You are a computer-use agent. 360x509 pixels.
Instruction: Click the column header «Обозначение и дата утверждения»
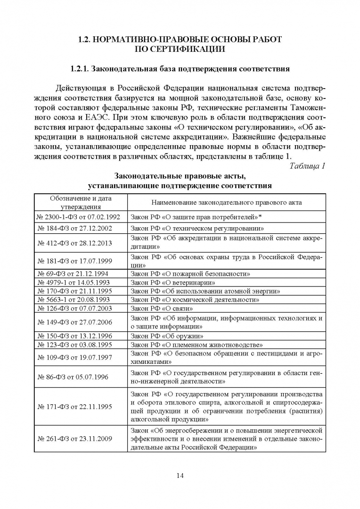pos(81,202)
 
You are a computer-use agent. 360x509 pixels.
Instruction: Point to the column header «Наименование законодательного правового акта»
pos(226,202)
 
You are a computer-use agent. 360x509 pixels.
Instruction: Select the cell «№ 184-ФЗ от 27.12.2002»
pos(81,229)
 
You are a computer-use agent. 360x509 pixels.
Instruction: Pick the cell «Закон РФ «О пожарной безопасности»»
pos(190,273)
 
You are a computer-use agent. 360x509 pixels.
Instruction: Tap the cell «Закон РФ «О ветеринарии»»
pos(173,282)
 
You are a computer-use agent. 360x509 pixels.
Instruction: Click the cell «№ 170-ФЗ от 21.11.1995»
pos(81,291)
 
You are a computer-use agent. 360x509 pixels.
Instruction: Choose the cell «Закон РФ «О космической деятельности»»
pos(195,299)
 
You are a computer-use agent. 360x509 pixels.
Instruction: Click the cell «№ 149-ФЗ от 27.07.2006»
pos(81,322)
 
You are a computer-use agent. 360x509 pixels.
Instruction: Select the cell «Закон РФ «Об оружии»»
pos(167,337)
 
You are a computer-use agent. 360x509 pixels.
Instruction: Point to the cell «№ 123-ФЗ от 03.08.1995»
pos(81,345)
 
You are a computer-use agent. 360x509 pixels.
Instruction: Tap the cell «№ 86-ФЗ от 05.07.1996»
pos(81,377)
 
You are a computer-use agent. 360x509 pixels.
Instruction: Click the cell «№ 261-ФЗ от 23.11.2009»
pos(81,439)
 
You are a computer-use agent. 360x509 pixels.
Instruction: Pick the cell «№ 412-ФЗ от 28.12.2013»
pos(81,242)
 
